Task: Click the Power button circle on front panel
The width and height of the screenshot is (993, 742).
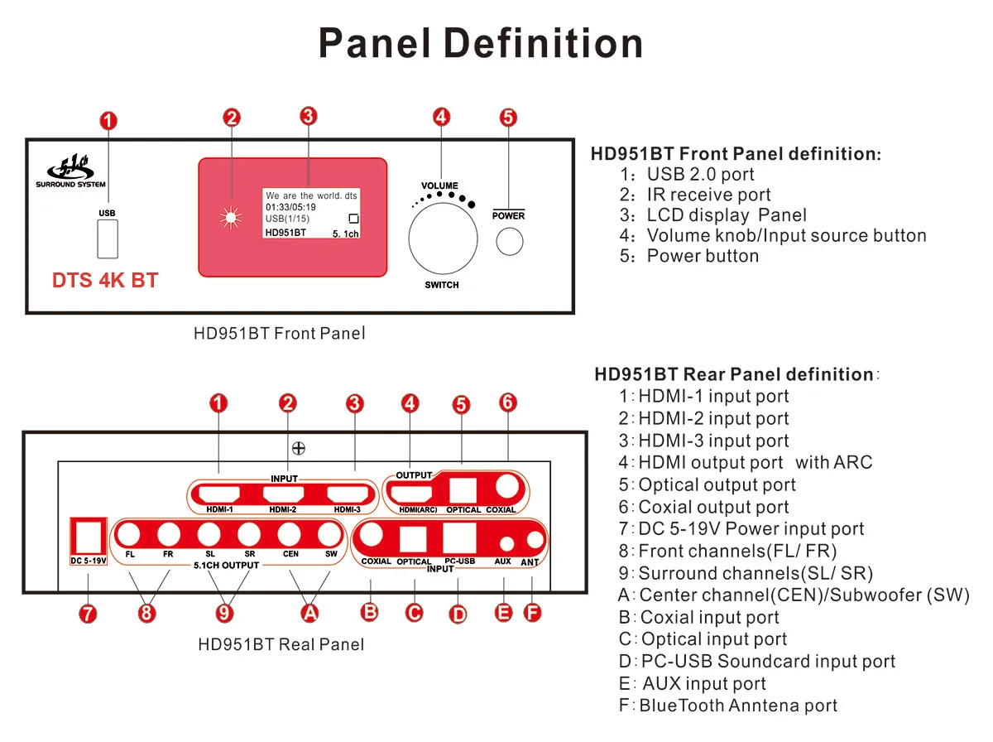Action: click(510, 242)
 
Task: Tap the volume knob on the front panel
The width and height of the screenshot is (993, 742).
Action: click(444, 238)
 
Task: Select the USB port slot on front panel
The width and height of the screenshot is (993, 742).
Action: click(107, 239)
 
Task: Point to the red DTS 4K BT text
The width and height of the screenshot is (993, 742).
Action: click(105, 280)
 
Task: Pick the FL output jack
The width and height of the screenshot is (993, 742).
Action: click(130, 534)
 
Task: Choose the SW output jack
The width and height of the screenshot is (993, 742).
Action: click(330, 534)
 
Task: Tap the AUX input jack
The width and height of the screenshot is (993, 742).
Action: click(504, 542)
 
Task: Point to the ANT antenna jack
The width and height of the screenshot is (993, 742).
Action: click(534, 542)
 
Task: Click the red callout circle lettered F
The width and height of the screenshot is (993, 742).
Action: click(532, 613)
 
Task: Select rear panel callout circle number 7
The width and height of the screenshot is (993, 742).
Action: click(88, 614)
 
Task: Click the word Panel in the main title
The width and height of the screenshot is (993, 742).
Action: click(368, 42)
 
